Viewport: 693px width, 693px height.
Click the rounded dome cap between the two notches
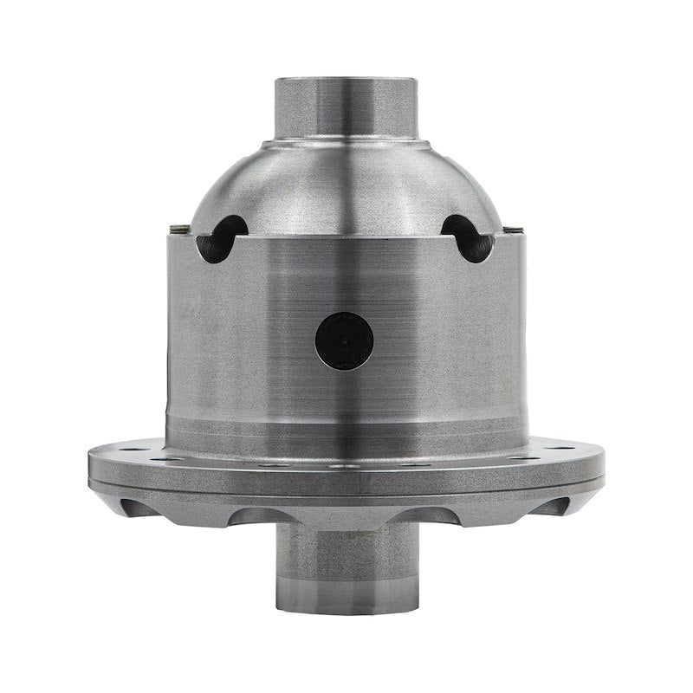coord(346,186)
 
